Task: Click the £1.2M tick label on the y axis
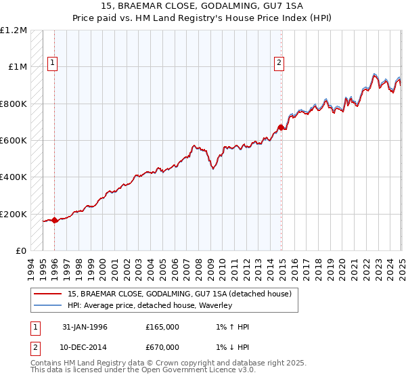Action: click(14, 30)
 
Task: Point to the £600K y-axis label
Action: click(14, 141)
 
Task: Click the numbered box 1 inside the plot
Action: click(53, 63)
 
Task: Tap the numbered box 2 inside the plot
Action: click(279, 63)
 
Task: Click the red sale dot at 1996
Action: click(54, 220)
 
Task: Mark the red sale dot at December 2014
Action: click(280, 127)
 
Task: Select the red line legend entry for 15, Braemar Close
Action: click(179, 294)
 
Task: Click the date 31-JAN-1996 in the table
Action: click(85, 327)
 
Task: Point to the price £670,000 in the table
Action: click(162, 347)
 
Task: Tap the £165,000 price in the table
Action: click(162, 327)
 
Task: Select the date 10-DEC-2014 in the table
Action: click(85, 347)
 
